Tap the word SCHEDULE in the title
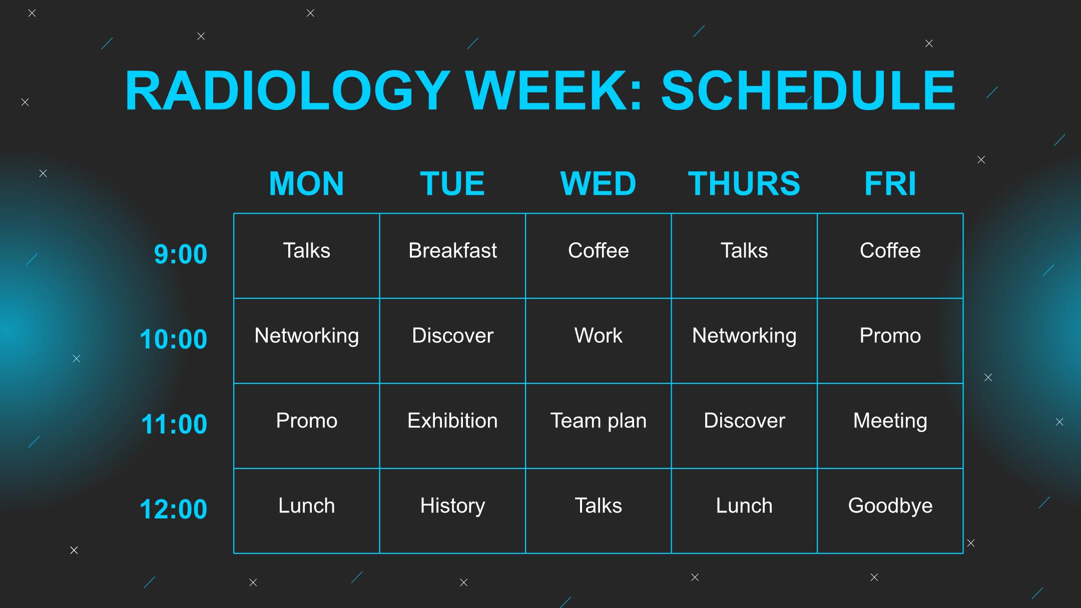coord(808,91)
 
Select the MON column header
coord(306,183)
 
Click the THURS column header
coord(744,183)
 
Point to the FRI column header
coord(890,183)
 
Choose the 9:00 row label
coord(180,254)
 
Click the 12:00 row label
coord(173,509)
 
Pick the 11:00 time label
coord(174,424)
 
